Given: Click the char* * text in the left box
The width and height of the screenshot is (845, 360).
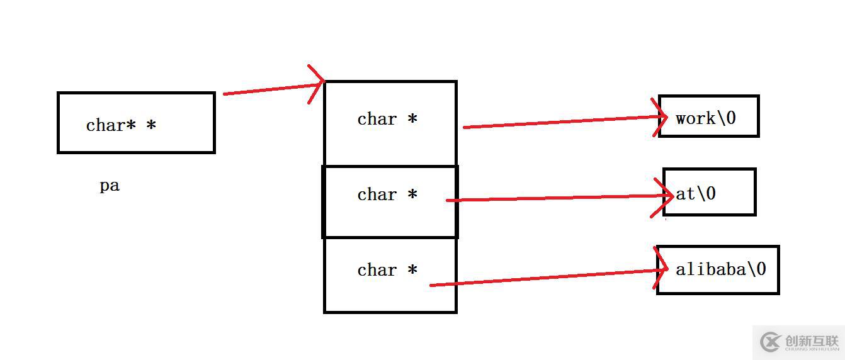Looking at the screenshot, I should tap(121, 125).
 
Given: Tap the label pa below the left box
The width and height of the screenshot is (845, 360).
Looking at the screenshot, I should tap(110, 186).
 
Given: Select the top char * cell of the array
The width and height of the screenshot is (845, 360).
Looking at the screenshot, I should tap(389, 123).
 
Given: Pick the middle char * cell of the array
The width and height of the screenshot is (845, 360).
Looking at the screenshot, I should tap(389, 201).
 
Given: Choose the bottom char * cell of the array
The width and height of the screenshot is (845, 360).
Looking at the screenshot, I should tap(389, 274).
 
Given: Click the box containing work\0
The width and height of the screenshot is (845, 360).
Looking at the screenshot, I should tap(708, 116).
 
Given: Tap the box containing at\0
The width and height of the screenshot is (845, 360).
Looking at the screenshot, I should tap(709, 192).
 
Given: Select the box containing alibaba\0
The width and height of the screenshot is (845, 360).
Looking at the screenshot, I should tap(718, 269).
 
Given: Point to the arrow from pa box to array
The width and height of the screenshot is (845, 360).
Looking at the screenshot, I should tap(271, 88).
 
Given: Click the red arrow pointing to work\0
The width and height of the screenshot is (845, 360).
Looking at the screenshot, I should tap(560, 122).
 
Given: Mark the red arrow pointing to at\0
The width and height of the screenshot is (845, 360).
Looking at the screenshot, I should tap(554, 198).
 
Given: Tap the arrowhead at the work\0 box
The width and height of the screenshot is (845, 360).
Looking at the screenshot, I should tap(662, 117).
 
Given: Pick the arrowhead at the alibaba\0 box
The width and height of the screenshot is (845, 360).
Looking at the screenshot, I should tap(663, 271).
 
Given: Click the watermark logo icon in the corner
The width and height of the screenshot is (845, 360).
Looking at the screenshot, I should tap(771, 342).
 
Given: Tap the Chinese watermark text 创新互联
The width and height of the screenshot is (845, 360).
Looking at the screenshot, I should tap(812, 339).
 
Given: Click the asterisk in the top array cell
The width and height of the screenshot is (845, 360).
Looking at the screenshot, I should tap(412, 118).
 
